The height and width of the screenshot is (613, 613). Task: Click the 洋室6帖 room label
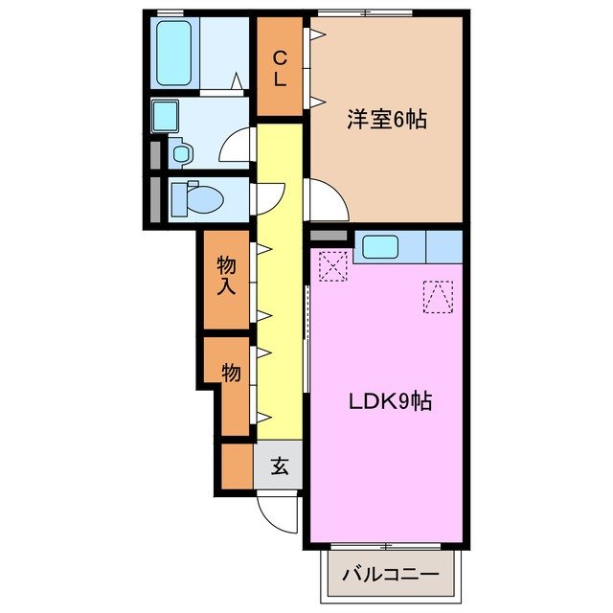[386, 121]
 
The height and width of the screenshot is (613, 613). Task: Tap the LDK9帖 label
[389, 401]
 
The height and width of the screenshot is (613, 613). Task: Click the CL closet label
[280, 67]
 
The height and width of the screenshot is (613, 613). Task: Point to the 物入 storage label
[227, 275]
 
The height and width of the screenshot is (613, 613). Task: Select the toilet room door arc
[266, 196]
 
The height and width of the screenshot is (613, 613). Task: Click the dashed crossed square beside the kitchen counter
[332, 266]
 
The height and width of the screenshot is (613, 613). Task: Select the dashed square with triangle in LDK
[438, 296]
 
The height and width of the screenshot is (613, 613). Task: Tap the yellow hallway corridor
[279, 287]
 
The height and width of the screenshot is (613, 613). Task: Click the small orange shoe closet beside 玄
[236, 467]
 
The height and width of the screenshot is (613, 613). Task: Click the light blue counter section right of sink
[443, 246]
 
